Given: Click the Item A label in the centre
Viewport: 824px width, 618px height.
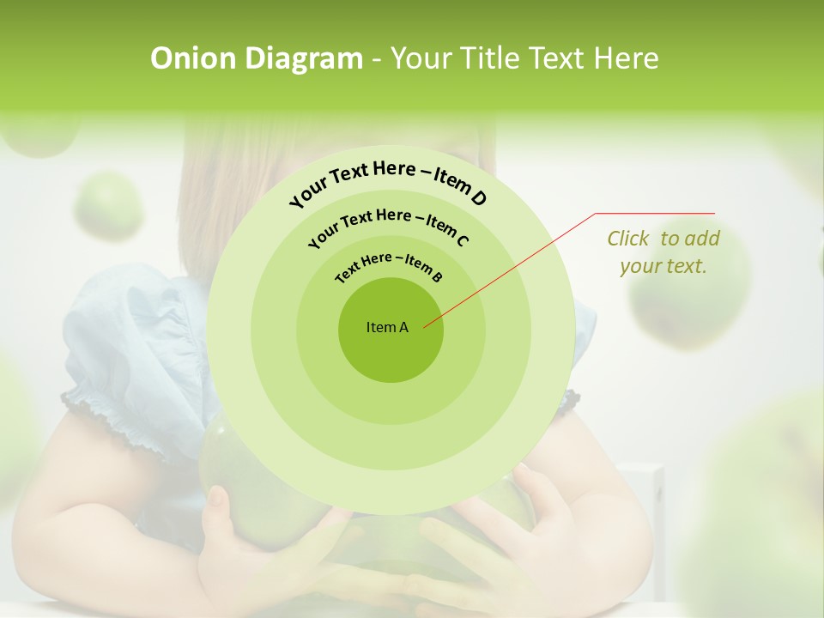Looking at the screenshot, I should click(x=387, y=327).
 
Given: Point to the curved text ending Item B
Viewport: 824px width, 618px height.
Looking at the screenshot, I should click(x=389, y=264).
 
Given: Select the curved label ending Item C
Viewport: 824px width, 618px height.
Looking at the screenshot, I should click(x=388, y=225).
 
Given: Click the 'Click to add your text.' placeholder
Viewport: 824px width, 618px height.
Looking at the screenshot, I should click(x=663, y=252).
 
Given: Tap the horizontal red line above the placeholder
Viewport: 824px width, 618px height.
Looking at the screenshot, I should click(x=655, y=213).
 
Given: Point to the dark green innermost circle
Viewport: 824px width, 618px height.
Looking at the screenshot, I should click(x=391, y=352).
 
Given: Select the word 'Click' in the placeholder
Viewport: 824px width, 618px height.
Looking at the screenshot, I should click(x=627, y=239).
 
